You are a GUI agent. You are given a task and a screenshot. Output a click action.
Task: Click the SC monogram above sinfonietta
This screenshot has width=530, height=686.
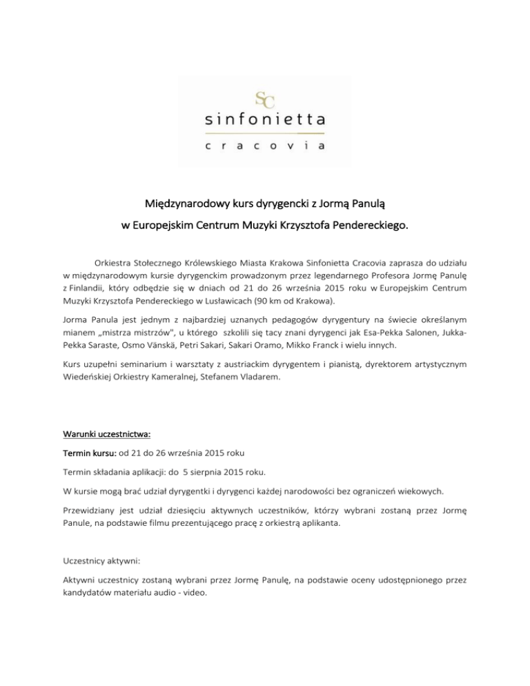(x=264, y=98)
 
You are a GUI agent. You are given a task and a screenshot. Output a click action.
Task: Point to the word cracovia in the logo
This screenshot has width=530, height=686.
(x=264, y=145)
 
